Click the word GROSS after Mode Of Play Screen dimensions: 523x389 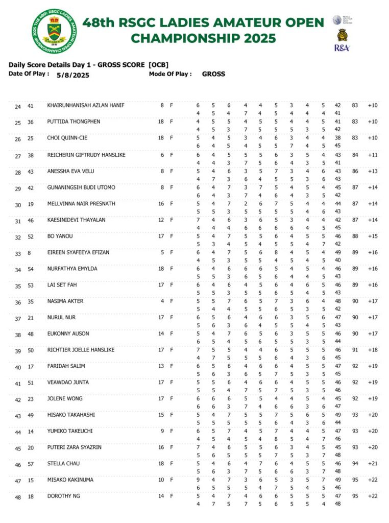213,74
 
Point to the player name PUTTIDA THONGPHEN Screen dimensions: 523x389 74,122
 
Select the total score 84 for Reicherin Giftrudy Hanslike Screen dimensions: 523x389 355,155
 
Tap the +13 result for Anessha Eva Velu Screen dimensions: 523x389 373,171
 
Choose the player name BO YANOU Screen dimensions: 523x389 60,236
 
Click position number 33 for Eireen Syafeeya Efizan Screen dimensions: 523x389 18,254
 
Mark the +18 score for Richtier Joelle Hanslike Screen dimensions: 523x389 373,350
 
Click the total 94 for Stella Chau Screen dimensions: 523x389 355,464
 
